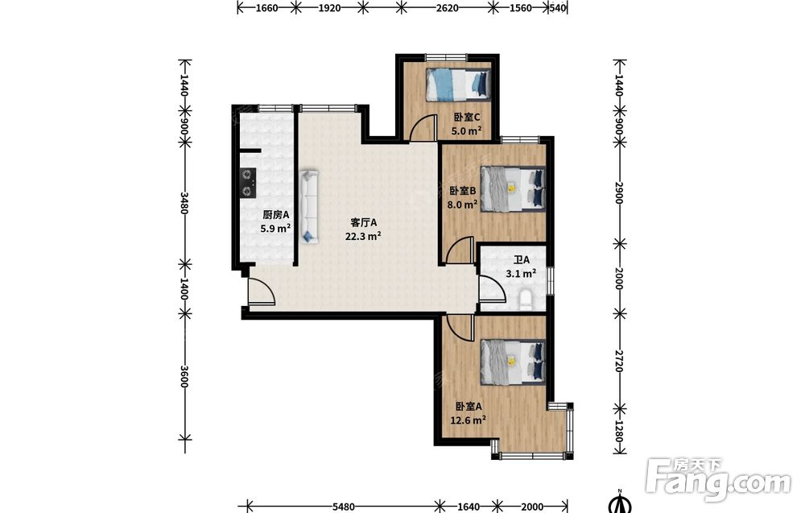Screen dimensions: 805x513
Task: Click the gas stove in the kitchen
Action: (x=248, y=183)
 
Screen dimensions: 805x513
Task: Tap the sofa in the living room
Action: (x=310, y=207)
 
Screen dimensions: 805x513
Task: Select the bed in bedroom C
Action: (x=458, y=84)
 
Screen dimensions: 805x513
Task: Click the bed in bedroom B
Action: (x=512, y=188)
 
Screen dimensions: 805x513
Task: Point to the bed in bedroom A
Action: (x=512, y=362)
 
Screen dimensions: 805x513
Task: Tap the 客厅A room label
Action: (x=364, y=223)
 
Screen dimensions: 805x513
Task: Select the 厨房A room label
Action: (x=276, y=215)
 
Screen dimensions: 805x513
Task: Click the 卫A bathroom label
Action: (x=522, y=260)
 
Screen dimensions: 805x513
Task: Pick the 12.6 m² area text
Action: (x=469, y=420)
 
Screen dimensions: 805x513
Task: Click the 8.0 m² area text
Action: (x=462, y=205)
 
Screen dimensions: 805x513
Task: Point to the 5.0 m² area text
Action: (x=466, y=130)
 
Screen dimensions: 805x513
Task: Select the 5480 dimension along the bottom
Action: (x=343, y=507)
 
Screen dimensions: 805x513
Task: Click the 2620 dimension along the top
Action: (x=447, y=8)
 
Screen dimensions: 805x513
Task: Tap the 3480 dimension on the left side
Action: (x=185, y=204)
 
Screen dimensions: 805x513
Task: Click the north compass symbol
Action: (x=620, y=503)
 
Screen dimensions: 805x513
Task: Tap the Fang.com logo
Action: (x=719, y=479)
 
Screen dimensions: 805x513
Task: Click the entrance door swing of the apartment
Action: (x=262, y=292)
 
